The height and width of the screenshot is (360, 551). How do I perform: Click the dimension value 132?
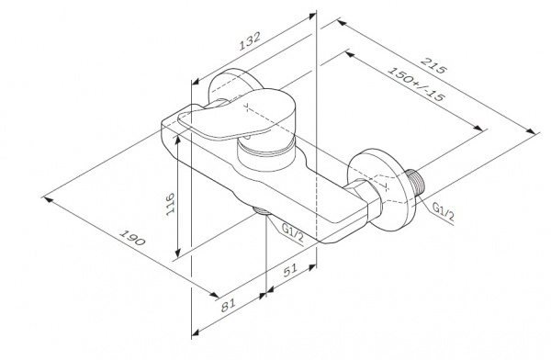(x=250, y=41)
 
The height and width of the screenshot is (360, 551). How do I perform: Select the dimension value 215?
(x=434, y=65)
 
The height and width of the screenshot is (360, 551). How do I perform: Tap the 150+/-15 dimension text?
(x=416, y=84)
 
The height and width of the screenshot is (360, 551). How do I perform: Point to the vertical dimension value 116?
(x=170, y=204)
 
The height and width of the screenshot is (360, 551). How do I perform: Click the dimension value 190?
(x=132, y=238)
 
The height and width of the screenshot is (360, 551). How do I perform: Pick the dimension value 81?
(x=228, y=305)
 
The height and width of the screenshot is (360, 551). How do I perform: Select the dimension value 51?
(x=290, y=270)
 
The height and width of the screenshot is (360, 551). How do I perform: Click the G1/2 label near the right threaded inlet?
(x=443, y=212)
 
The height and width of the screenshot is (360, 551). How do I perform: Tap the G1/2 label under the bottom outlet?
(x=293, y=232)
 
